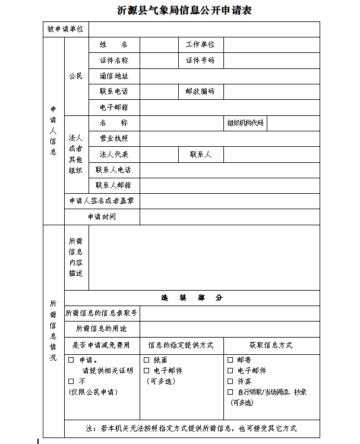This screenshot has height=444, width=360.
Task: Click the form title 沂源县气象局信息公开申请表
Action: pos(181,10)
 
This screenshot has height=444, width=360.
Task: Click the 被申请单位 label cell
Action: pos(65,29)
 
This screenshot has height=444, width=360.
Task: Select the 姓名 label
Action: pos(113,45)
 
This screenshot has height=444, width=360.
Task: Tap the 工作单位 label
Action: pos(200,45)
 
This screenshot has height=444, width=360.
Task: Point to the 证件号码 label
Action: pos(200,61)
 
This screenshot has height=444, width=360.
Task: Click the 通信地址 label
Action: pos(113,76)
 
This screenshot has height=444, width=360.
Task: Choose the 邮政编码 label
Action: pos(200,92)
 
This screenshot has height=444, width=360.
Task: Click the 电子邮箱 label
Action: pos(113,108)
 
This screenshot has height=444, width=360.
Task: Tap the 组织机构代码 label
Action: pos(245,123)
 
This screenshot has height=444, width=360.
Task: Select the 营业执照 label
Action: pos(113,138)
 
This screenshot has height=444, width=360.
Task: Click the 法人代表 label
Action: pos(113,155)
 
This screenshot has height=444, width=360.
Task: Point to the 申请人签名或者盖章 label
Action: pos(102,201)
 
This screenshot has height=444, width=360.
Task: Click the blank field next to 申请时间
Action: pos(229,217)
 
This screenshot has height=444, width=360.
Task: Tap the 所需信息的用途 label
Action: pos(102,329)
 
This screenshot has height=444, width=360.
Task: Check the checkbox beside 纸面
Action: pos(147,360)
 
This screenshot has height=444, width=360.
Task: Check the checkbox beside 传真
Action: pos(230,381)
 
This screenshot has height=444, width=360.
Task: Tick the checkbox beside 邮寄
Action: pos(230,360)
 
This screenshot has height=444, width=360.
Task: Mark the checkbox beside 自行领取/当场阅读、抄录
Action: pos(230,392)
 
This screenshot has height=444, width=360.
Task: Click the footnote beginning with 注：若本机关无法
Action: pos(191,428)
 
